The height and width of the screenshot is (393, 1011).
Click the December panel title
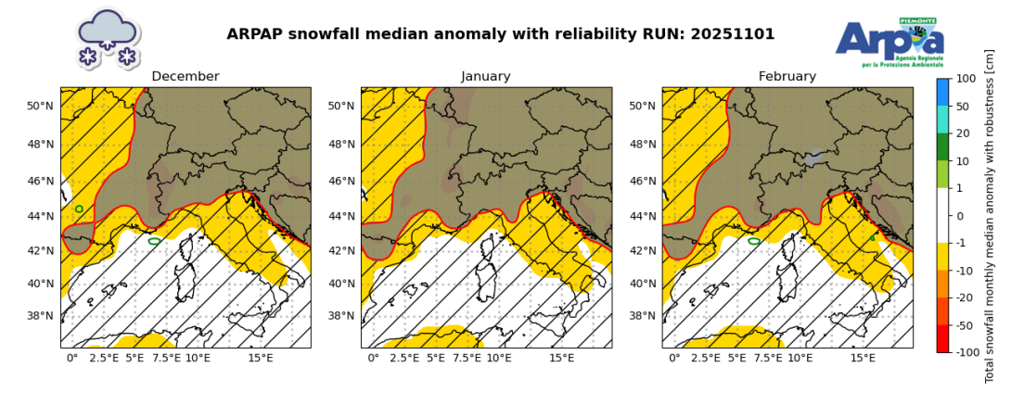(x=186, y=77)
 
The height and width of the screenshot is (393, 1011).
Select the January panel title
(x=486, y=77)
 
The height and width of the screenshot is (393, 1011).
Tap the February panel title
(x=787, y=77)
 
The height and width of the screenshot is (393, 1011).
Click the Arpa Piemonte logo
(x=889, y=43)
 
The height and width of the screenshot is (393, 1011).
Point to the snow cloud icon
(x=108, y=38)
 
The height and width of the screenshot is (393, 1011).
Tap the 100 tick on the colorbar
(x=966, y=79)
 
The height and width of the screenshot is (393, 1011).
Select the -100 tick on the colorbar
(x=967, y=352)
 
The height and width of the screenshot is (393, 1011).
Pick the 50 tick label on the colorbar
(x=963, y=107)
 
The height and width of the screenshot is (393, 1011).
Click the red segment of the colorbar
(x=943, y=338)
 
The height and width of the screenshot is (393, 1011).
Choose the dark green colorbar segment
(x=943, y=147)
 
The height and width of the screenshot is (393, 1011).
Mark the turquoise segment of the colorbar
(x=943, y=120)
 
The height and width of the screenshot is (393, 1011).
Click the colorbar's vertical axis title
(x=990, y=216)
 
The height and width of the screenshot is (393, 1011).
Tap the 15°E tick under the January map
(x=561, y=358)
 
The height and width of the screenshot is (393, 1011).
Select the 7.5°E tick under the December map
(x=166, y=358)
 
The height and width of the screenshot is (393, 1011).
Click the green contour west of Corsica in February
(x=754, y=241)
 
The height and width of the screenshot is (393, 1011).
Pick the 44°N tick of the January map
(x=342, y=216)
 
